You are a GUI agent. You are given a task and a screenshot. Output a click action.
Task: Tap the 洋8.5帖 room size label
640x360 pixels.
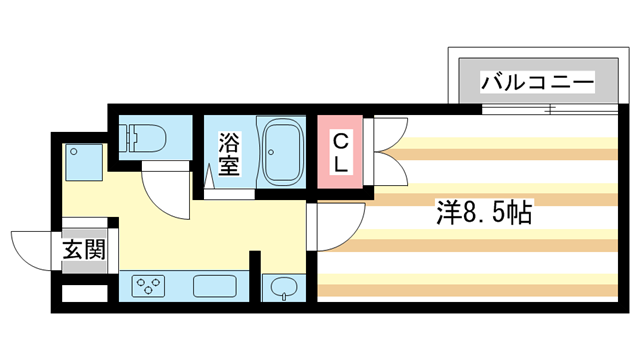(x=483, y=213)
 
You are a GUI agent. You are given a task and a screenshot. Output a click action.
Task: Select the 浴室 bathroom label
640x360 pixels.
(x=229, y=154)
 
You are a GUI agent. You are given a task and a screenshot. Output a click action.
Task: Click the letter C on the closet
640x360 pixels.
(x=340, y=140)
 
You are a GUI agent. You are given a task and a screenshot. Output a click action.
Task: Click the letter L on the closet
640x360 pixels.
(x=340, y=166)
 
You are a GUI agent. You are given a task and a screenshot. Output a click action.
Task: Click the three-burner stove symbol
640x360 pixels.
(x=150, y=287)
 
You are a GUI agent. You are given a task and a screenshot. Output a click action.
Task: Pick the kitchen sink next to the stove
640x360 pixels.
(x=213, y=287)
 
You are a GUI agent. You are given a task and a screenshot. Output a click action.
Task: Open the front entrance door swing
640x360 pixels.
(x=30, y=250)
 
